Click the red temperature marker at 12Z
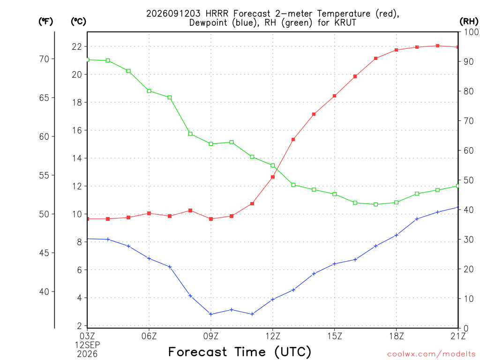pos(273,177)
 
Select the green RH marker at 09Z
pos(211,144)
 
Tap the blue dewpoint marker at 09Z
pos(211,314)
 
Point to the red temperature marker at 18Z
pos(396,50)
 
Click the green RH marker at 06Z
pos(149,91)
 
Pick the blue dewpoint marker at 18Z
pos(396,235)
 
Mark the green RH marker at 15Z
pos(335,194)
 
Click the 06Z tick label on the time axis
pos(149,336)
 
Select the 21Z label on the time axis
pos(458,336)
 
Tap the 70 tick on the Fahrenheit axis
pos(44,59)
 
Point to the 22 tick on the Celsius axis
pos(77,46)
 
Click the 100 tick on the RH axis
pos(471,32)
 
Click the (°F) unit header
pos(45,22)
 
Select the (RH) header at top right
pos(469,22)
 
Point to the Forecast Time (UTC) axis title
pos(240,352)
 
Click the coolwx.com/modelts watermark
pos(431,354)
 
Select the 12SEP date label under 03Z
pos(88,345)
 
